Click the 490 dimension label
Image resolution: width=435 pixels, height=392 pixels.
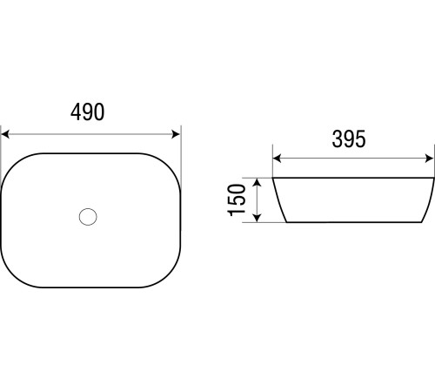(88, 112)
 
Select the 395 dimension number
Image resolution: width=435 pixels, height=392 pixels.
(349, 139)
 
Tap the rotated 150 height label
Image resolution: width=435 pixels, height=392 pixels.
(237, 200)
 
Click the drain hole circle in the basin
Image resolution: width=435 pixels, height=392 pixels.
(88, 217)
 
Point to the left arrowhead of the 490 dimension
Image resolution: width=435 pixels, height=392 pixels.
(5, 134)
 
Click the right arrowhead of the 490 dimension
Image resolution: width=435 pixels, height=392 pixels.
(176, 134)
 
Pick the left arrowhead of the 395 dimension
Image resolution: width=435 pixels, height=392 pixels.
(278, 159)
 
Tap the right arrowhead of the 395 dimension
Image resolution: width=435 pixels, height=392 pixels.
(429, 159)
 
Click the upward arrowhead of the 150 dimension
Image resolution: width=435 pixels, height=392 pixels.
(258, 183)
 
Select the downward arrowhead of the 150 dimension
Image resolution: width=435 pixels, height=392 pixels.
(258, 218)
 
